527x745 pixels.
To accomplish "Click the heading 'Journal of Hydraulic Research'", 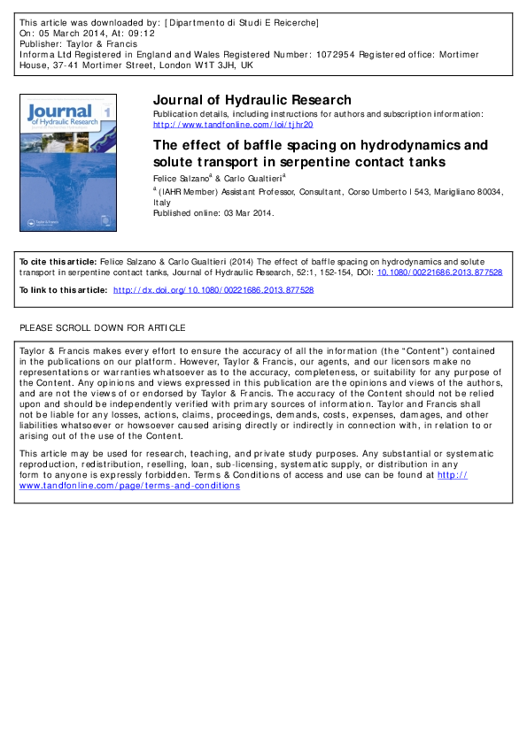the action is (252, 100).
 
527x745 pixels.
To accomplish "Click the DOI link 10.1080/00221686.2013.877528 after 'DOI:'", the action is (439, 273).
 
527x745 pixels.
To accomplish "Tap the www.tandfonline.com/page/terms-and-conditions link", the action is (129, 485).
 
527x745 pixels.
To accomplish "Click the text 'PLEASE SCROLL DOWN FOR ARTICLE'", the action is (103, 327).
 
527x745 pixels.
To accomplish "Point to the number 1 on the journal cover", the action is (107, 112).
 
